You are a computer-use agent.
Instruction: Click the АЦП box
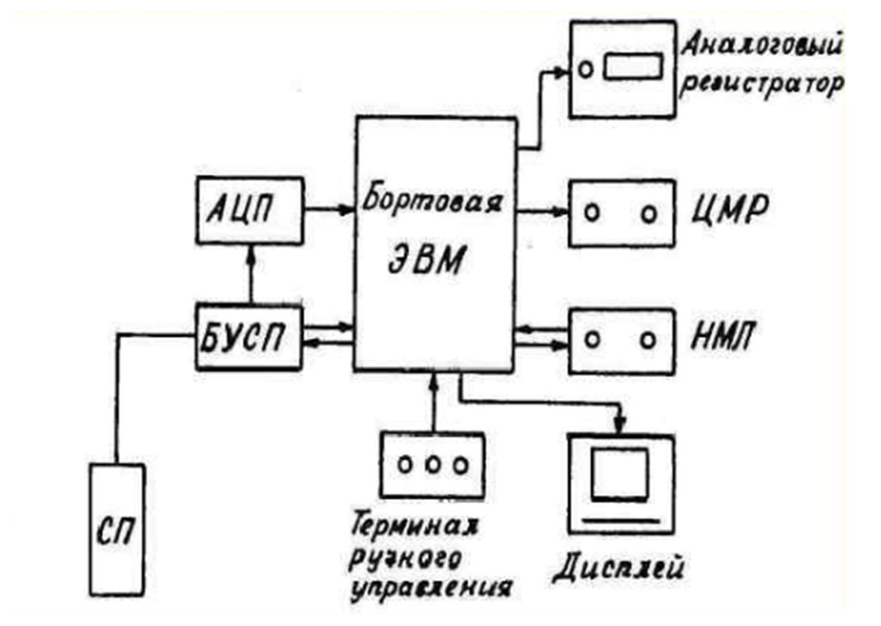(x=250, y=210)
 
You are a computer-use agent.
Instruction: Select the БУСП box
(x=249, y=337)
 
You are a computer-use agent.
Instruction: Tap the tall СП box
(x=117, y=530)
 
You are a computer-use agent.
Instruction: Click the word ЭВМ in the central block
(x=426, y=259)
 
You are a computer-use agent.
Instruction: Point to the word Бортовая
(x=432, y=201)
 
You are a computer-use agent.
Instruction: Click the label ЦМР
(x=729, y=210)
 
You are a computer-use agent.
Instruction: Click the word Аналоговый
(x=761, y=46)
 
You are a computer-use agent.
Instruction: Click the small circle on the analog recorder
(x=586, y=70)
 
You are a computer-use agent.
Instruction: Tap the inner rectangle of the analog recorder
(x=632, y=66)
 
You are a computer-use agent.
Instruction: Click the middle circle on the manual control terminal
(x=433, y=465)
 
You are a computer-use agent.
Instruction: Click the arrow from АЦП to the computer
(x=330, y=210)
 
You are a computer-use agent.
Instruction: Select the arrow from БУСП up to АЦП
(x=251, y=275)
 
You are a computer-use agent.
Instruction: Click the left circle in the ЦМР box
(x=592, y=213)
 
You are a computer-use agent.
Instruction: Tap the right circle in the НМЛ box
(x=648, y=340)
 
